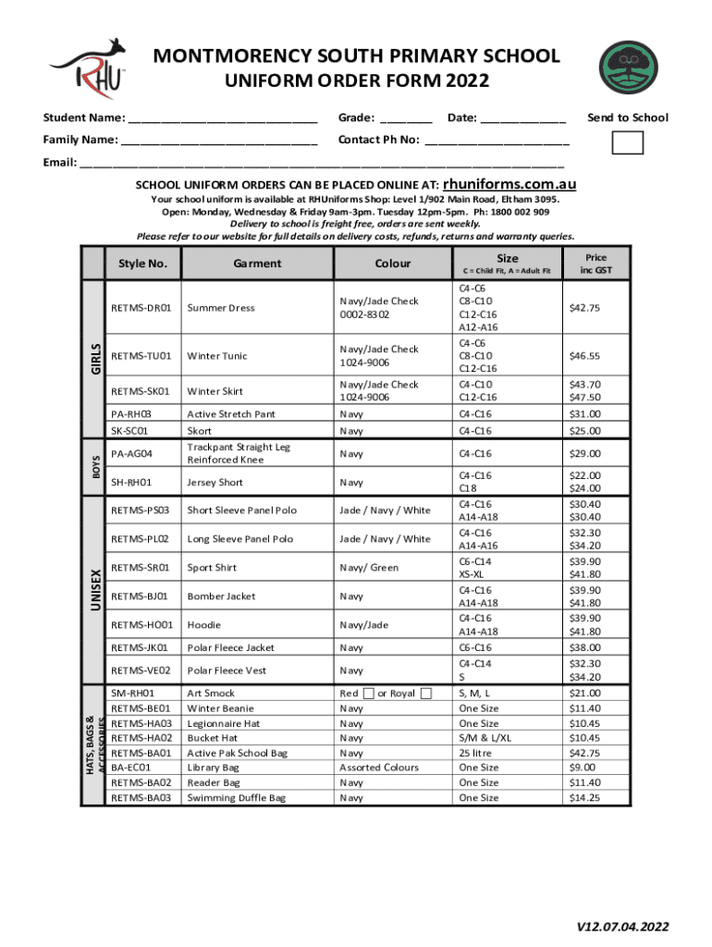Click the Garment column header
[x=257, y=264]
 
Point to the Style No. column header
[x=142, y=264]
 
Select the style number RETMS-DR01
[x=141, y=308]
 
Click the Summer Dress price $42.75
[x=585, y=308]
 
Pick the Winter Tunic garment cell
[x=218, y=356]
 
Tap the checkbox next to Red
[x=369, y=694]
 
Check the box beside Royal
[x=426, y=694]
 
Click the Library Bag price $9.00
[x=583, y=768]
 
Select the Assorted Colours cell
[x=379, y=768]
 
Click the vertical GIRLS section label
[x=94, y=357]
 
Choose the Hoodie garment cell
[x=205, y=625]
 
